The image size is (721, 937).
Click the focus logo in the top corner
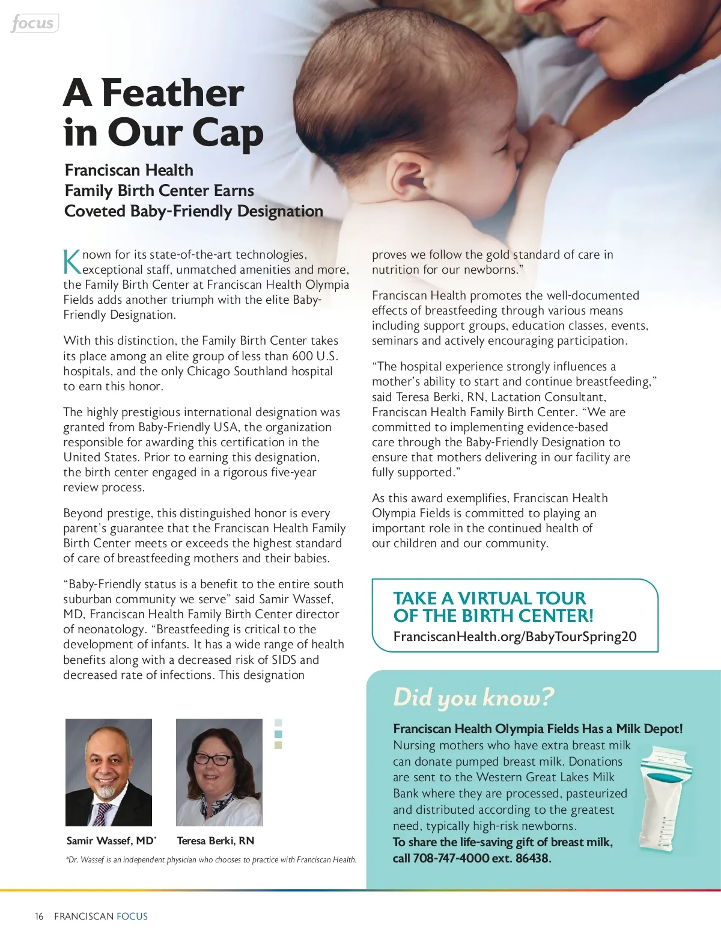(x=34, y=23)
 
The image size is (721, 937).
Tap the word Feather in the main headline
(x=172, y=93)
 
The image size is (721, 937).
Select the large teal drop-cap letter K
(x=71, y=262)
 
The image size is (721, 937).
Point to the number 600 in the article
(x=302, y=356)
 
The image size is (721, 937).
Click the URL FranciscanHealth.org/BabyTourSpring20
(x=515, y=637)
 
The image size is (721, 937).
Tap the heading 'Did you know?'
(x=473, y=698)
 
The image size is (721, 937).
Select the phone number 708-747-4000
(x=451, y=858)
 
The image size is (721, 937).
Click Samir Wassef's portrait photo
(x=109, y=772)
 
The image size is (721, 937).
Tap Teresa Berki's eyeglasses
(x=213, y=759)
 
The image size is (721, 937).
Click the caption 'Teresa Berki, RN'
(x=215, y=841)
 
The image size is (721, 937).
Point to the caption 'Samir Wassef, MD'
(x=111, y=841)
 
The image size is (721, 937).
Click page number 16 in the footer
(x=39, y=917)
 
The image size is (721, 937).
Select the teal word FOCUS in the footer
(x=132, y=917)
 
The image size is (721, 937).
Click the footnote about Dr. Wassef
(x=211, y=860)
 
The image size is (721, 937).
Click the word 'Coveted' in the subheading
(x=95, y=211)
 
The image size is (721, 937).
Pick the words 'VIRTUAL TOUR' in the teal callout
(x=521, y=598)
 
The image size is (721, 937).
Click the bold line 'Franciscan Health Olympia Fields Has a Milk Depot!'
(x=538, y=729)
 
